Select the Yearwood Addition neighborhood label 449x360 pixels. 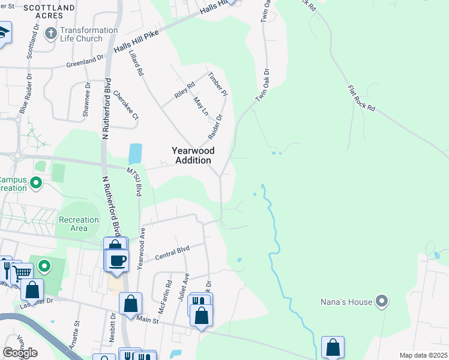click(192, 156)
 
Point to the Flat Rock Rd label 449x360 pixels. click(361, 99)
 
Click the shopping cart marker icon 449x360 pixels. click(22, 273)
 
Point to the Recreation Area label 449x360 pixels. click(78, 224)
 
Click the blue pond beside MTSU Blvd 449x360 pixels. click(135, 154)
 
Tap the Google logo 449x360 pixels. click(20, 353)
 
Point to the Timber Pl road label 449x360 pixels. click(218, 85)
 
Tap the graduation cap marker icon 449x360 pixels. click(4, 32)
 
